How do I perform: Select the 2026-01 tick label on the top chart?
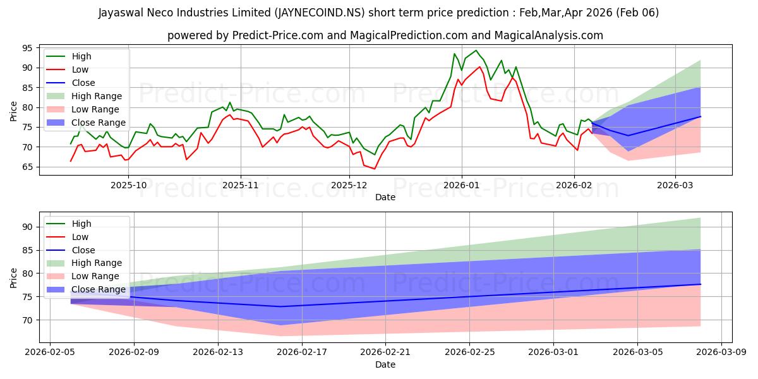point(461,185)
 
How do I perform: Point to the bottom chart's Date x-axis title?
point(385,364)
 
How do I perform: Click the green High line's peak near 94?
point(476,51)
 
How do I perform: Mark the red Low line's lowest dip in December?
point(374,169)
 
